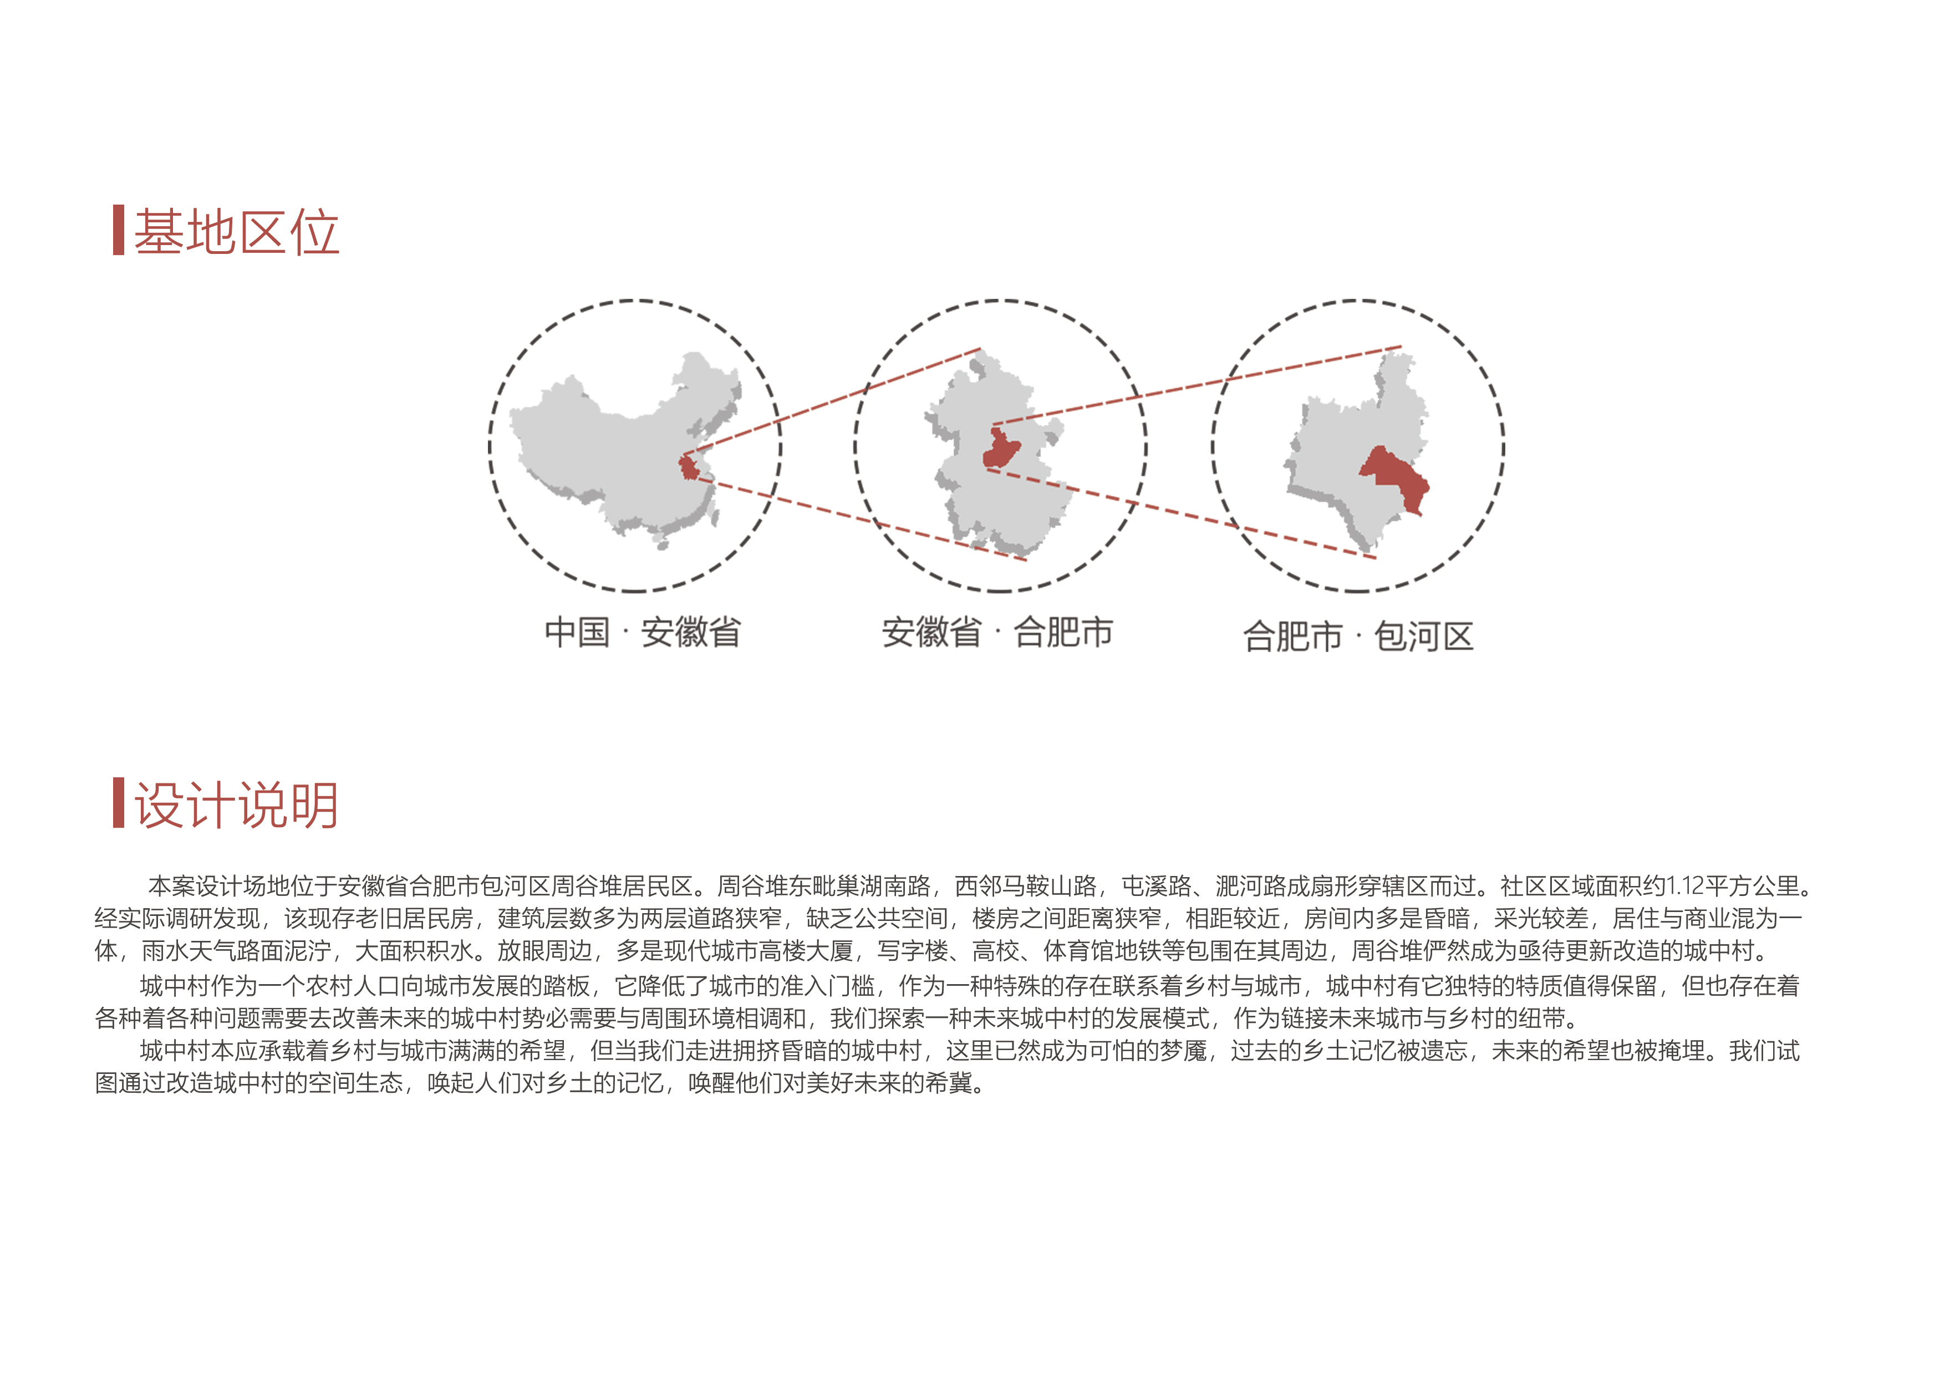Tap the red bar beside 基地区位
(119, 230)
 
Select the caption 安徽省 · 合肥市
(997, 632)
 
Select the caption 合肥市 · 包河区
(1358, 636)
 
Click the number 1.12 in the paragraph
(1684, 886)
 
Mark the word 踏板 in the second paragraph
(567, 985)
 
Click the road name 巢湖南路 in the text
(884, 886)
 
